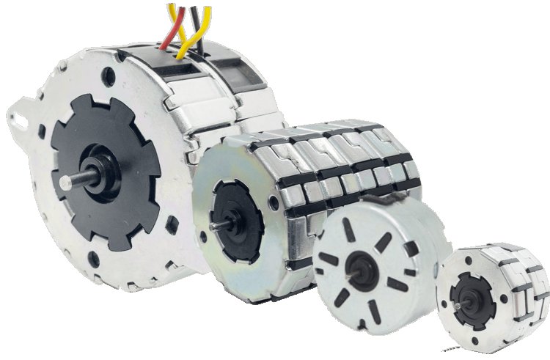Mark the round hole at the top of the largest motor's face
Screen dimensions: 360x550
click(x=110, y=73)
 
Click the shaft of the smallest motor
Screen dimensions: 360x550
click(x=452, y=302)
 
